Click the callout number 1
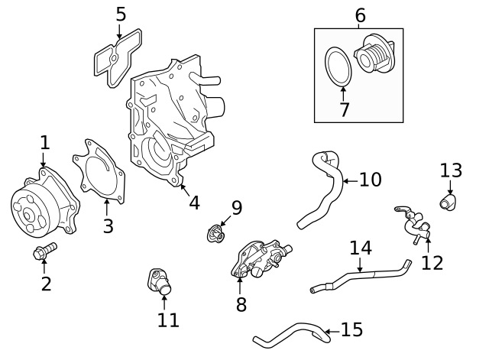point(44,142)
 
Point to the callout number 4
point(194,203)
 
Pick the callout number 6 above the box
point(360,15)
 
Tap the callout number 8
point(241,304)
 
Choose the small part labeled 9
point(216,233)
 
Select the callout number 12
point(432,263)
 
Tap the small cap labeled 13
point(448,202)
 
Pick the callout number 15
point(351,330)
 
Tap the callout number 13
point(451,170)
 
